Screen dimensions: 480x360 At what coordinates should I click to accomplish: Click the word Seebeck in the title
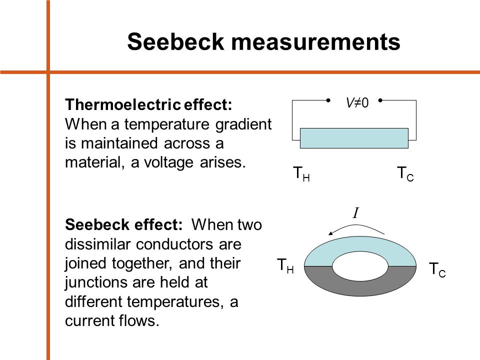click(x=175, y=41)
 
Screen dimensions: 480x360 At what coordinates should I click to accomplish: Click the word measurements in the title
click(x=315, y=42)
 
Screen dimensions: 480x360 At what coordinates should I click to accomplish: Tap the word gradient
click(x=243, y=124)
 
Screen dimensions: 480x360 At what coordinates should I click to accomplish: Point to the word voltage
click(x=168, y=162)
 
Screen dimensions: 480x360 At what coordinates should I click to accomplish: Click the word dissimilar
click(x=98, y=244)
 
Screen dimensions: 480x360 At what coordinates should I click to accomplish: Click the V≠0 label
click(x=357, y=102)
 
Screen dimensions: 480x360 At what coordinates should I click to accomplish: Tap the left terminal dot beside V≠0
click(x=328, y=100)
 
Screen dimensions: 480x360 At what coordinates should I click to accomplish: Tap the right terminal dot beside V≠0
click(x=380, y=100)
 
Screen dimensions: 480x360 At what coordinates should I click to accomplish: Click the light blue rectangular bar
click(x=354, y=138)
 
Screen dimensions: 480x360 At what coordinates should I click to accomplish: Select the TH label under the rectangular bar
click(x=301, y=173)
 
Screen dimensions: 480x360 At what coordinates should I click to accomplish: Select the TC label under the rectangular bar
click(x=405, y=173)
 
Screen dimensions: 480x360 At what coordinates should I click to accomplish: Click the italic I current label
click(x=355, y=213)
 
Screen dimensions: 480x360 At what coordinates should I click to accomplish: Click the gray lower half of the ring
click(x=360, y=288)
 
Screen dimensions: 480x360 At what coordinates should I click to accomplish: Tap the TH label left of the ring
click(x=285, y=265)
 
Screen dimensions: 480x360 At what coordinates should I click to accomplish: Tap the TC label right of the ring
click(x=437, y=269)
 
